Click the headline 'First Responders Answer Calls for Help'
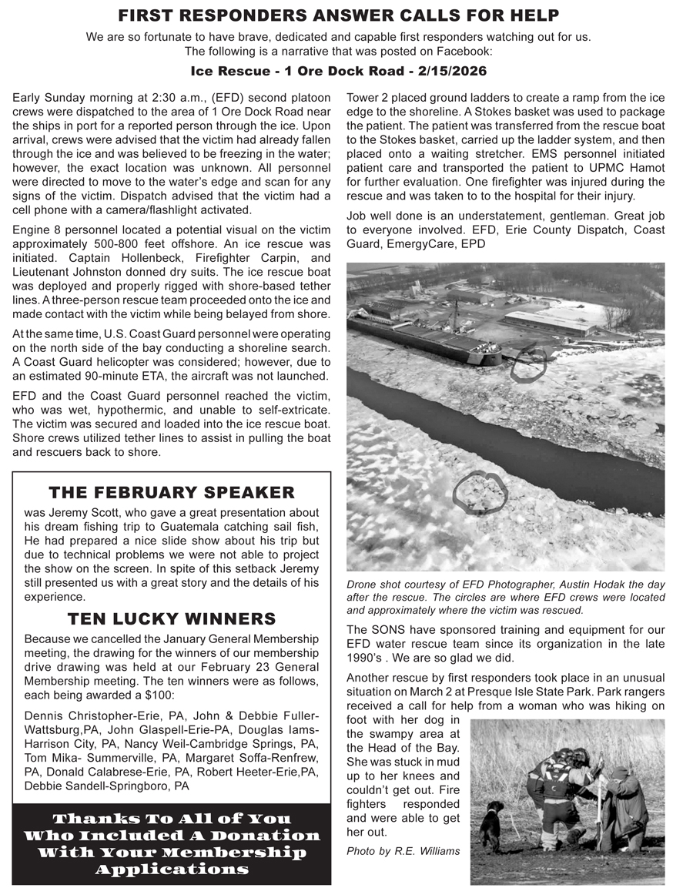(x=339, y=15)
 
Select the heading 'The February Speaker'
(x=172, y=493)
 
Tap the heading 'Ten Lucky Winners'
(x=172, y=619)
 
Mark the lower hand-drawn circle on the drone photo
(x=480, y=491)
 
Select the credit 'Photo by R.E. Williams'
(x=403, y=851)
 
